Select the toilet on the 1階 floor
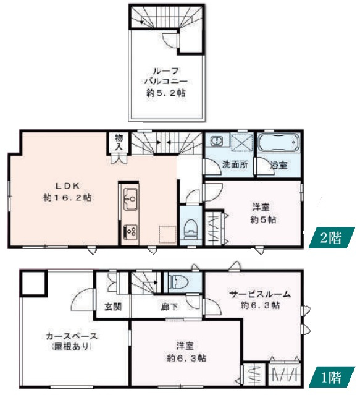tap(179, 282)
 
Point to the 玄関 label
tap(112, 306)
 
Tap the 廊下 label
tap(168, 306)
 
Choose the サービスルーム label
tap(260, 294)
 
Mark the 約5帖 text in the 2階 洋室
tap(263, 219)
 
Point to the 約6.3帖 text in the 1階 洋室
tap(186, 357)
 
